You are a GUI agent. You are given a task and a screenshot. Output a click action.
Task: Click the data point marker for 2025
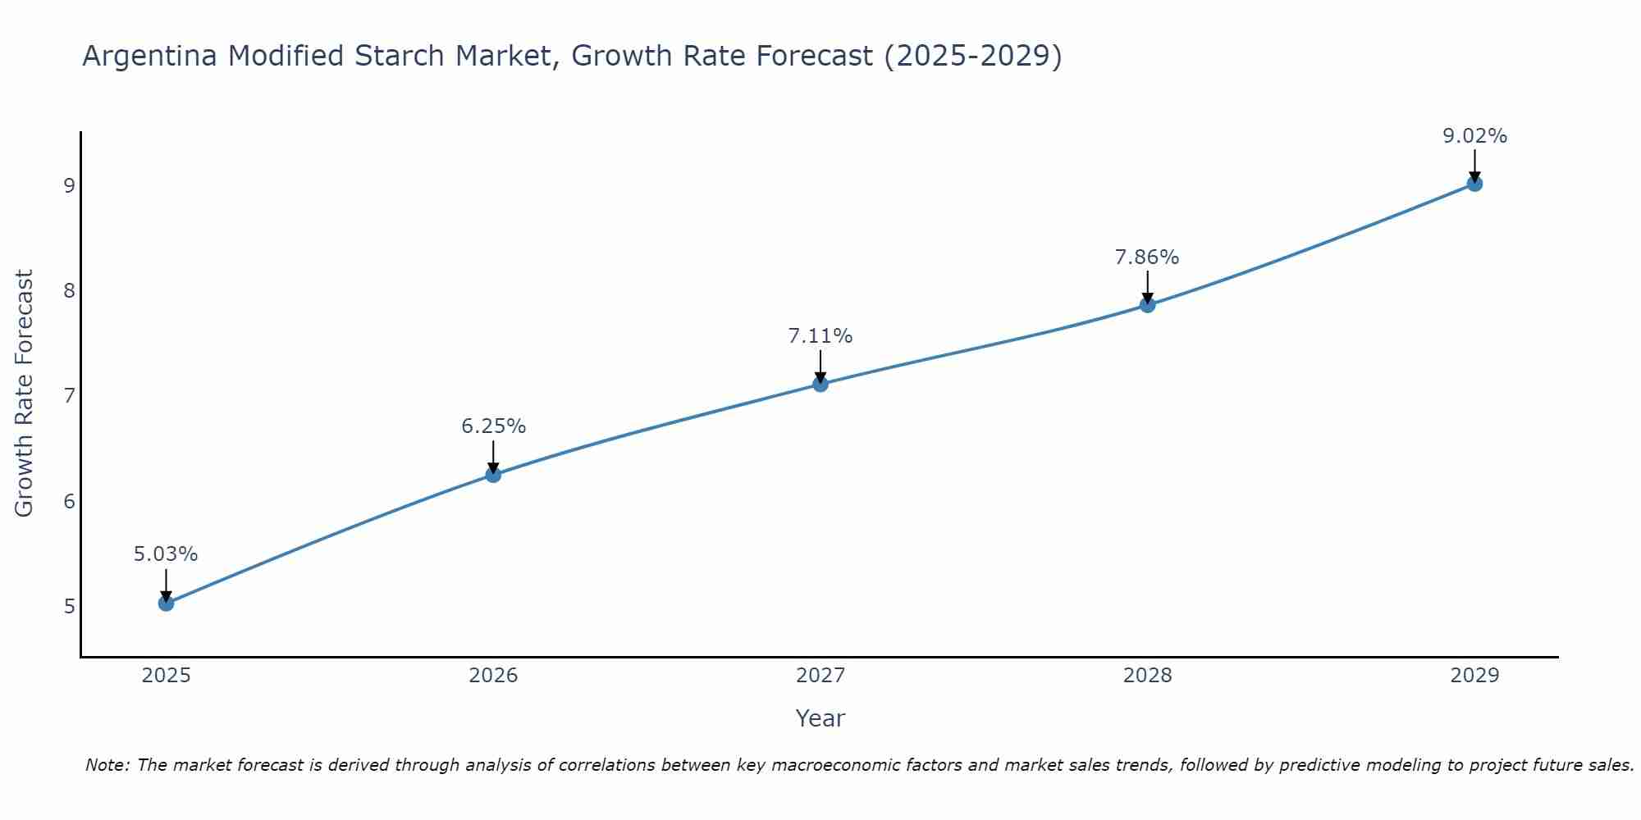point(166,604)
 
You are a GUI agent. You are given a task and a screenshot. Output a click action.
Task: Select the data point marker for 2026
point(493,475)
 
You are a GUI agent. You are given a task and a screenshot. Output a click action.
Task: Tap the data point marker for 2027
point(820,384)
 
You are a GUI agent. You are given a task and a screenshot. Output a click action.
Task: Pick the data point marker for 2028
point(1147,305)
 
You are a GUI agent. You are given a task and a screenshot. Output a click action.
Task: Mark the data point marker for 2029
point(1474,184)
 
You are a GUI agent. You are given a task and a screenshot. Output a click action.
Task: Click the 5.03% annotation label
point(166,554)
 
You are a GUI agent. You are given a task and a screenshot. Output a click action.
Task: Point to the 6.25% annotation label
point(493,426)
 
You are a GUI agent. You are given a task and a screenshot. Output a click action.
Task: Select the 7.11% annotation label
point(820,336)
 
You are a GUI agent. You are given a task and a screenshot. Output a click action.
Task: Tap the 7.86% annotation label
point(1147,257)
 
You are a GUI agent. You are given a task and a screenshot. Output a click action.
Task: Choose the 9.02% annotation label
point(1474,136)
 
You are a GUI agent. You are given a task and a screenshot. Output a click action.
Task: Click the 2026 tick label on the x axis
point(493,676)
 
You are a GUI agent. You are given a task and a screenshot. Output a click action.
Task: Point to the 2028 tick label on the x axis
point(1147,676)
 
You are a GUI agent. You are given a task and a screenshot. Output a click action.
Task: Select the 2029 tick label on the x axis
point(1474,676)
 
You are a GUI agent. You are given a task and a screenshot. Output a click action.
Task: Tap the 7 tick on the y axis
point(69,396)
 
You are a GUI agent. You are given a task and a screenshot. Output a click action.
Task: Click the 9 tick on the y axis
point(69,185)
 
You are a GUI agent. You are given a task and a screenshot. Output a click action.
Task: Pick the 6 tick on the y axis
point(69,501)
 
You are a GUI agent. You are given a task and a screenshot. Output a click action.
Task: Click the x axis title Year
point(820,718)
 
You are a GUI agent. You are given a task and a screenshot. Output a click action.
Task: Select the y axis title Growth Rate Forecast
point(25,394)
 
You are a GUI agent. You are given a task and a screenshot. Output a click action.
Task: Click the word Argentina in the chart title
point(150,56)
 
